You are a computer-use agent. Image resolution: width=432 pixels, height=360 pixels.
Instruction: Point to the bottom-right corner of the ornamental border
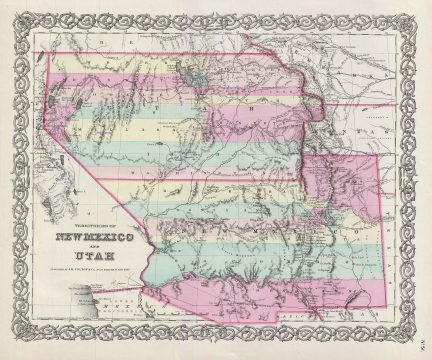pos(421,349)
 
